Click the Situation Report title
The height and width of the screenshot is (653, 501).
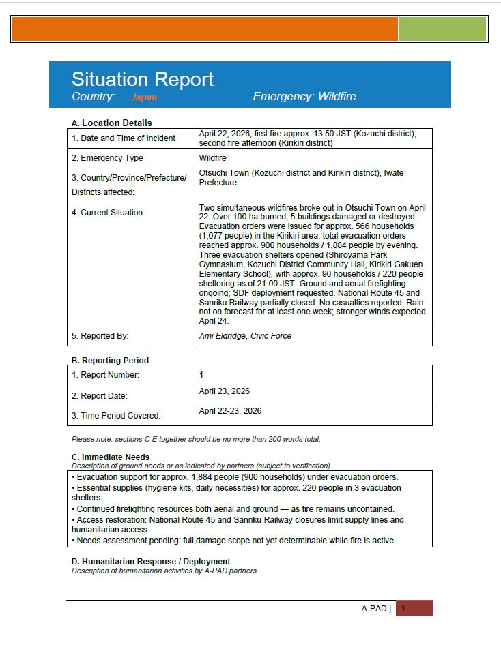click(143, 79)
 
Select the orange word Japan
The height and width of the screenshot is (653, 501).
click(144, 97)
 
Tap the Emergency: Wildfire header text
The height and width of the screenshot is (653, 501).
click(304, 97)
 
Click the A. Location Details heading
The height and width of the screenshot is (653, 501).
click(111, 123)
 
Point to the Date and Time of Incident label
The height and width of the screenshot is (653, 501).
click(124, 138)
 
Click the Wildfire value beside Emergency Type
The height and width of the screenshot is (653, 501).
click(214, 158)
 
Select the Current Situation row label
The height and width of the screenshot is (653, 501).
click(107, 213)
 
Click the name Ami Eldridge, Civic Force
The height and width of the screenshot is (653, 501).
click(245, 336)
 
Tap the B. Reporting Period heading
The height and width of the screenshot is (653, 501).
click(110, 360)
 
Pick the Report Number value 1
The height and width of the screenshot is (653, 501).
click(201, 375)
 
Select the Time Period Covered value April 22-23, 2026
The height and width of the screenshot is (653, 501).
click(230, 411)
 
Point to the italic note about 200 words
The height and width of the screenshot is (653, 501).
click(196, 439)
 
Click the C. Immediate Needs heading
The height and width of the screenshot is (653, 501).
click(111, 457)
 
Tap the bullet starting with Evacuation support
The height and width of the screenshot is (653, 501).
click(237, 477)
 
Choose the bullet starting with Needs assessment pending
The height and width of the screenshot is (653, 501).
click(235, 540)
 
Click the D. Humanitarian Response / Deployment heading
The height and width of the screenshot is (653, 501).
click(151, 562)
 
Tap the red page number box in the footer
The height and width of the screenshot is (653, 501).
click(414, 609)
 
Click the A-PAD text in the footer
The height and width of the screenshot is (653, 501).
click(374, 609)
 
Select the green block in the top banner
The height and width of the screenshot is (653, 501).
click(442, 29)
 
